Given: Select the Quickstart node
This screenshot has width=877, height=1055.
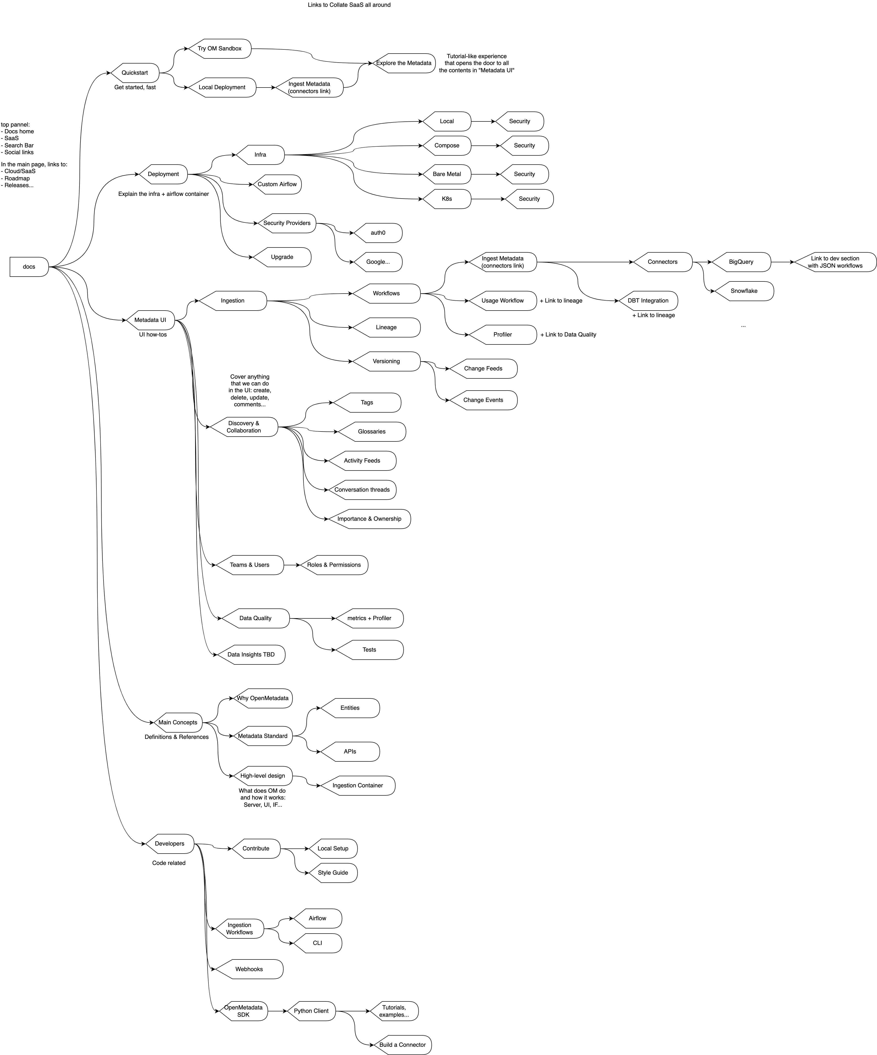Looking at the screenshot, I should (x=135, y=73).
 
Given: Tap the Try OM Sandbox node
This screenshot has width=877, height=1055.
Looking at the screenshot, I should (x=220, y=49).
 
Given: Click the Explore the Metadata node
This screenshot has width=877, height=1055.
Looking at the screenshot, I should (x=404, y=63).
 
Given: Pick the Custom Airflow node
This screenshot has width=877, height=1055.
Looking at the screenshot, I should (x=277, y=184).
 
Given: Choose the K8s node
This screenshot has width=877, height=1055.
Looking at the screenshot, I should (x=446, y=199).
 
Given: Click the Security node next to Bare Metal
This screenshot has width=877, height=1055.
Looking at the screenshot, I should (x=524, y=174).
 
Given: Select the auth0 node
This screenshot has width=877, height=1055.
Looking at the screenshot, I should (x=378, y=233).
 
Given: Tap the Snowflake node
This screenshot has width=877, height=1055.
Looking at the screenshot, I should (x=744, y=291).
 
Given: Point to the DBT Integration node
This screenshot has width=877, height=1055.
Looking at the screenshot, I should (x=648, y=301).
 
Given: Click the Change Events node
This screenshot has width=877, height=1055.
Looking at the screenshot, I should (x=483, y=400).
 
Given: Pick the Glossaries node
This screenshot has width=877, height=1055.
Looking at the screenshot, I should (x=372, y=432).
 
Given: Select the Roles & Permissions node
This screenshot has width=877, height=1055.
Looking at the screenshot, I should (x=334, y=565).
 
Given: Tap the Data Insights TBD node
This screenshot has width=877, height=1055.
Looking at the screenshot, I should (x=251, y=655).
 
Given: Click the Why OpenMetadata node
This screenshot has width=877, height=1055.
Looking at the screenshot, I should (x=263, y=698).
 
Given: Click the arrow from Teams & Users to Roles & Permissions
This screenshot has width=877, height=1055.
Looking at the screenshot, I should (x=292, y=565).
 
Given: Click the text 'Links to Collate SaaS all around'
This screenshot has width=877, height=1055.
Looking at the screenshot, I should (x=349, y=5).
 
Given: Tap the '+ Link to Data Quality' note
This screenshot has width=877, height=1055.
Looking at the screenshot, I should (x=568, y=335).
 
